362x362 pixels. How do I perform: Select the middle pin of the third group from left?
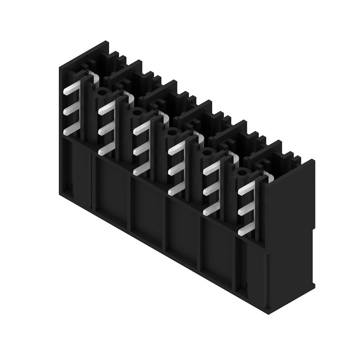[142, 148]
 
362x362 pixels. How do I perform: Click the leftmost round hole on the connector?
[102, 93]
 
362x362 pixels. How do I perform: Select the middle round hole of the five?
[172, 133]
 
